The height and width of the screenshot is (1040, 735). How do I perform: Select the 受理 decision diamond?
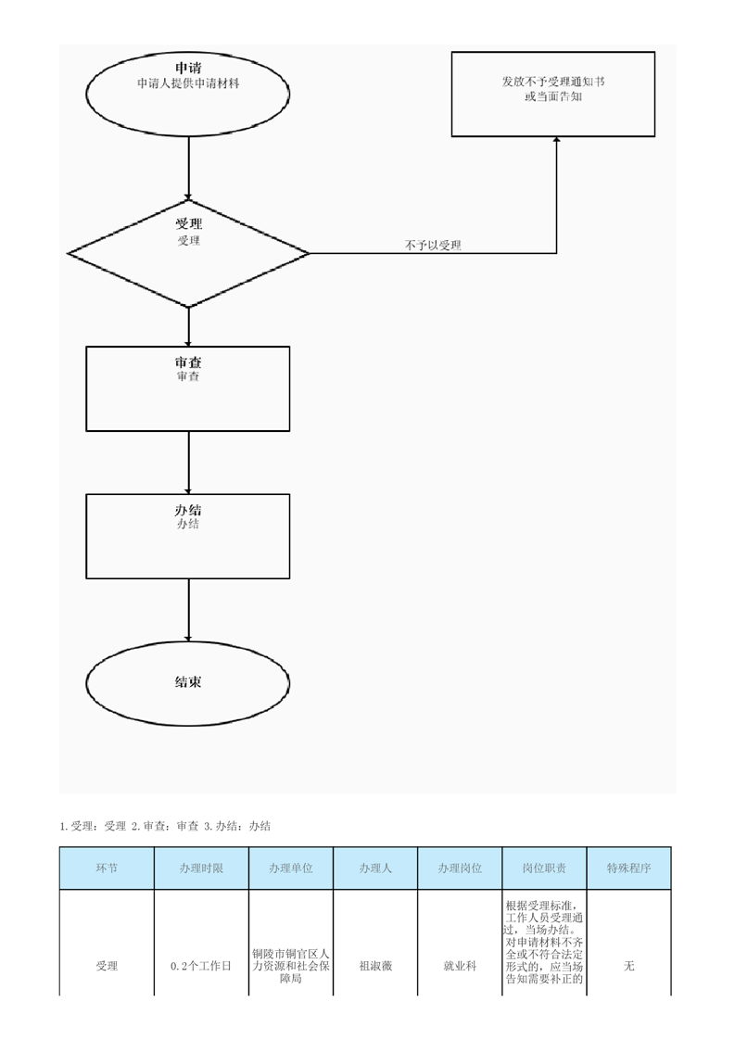click(x=188, y=251)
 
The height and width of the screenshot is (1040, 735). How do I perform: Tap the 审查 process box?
click(x=188, y=388)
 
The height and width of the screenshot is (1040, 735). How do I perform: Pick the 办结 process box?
click(x=188, y=536)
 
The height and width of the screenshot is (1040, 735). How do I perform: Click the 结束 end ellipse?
click(x=188, y=682)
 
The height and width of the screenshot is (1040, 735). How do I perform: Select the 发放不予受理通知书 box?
click(x=553, y=95)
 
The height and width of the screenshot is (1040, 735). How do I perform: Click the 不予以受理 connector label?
click(x=433, y=246)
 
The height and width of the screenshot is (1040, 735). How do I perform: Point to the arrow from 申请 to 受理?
click(x=188, y=167)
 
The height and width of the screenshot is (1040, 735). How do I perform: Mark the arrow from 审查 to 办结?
click(x=188, y=462)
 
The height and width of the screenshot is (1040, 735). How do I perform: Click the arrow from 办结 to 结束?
click(x=188, y=609)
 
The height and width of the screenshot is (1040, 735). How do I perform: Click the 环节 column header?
click(x=107, y=869)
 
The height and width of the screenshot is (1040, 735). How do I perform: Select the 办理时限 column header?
click(x=201, y=869)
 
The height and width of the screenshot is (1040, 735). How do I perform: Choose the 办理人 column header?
click(x=374, y=869)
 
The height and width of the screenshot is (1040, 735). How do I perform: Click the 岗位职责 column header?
click(x=544, y=869)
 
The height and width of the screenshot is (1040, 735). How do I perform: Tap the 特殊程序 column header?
click(x=629, y=869)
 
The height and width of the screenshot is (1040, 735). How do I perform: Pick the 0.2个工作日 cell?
click(x=201, y=966)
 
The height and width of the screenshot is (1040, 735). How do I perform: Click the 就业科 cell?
click(x=460, y=966)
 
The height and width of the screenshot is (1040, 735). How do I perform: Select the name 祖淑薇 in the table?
click(x=374, y=966)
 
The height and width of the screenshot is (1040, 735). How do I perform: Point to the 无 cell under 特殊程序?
click(x=629, y=966)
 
